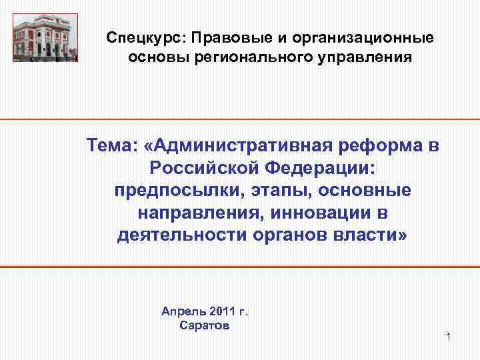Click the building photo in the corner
coord(45,37)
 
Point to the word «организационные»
coord(366,38)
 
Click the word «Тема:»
coord(115,145)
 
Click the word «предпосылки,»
coord(175,191)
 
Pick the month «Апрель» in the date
coord(182,311)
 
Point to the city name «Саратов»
coord(205,325)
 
